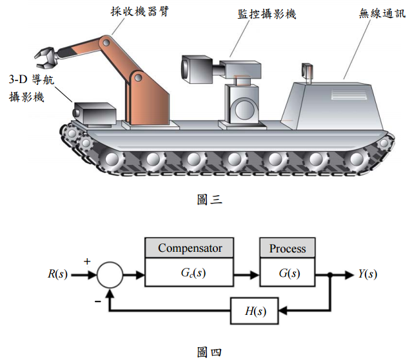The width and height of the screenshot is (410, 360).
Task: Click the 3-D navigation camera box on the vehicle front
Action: pos(94,114)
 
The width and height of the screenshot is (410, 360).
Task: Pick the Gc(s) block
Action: pos(190,273)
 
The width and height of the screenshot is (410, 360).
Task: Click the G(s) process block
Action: pos(288,273)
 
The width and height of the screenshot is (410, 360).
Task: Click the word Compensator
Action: pos(190,248)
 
